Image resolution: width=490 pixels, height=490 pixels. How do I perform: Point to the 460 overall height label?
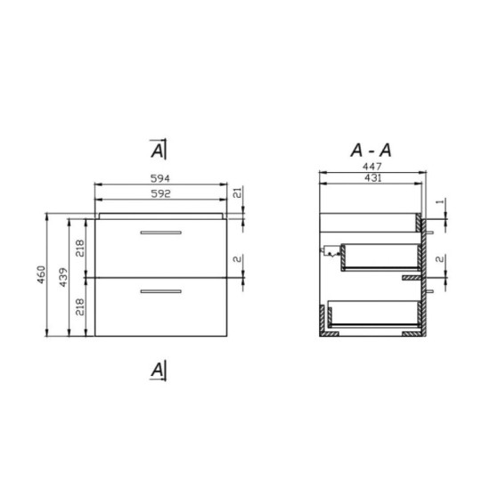(x=39, y=275)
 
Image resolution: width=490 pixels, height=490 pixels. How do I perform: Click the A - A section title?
(x=373, y=148)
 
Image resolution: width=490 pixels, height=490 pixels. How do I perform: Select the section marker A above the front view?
(x=158, y=148)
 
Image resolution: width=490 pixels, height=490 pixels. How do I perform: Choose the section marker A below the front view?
(x=158, y=368)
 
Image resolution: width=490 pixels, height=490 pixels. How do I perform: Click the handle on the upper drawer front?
(x=161, y=232)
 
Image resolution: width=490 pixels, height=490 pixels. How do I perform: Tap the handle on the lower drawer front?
(x=161, y=291)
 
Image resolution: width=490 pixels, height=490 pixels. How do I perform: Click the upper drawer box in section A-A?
(x=379, y=256)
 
